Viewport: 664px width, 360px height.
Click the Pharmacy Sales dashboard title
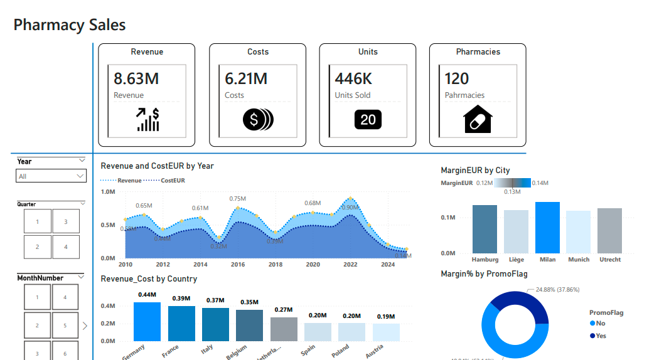pyautogui.click(x=70, y=25)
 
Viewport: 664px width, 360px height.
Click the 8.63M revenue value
pyautogui.click(x=136, y=78)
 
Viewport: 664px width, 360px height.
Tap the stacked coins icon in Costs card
pyautogui.click(x=258, y=119)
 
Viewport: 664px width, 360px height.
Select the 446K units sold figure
pyautogui.click(x=353, y=78)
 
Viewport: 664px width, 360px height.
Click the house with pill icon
pyautogui.click(x=478, y=119)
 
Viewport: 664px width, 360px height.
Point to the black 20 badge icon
pyautogui.click(x=368, y=119)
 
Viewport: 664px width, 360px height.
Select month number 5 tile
pyautogui.click(x=65, y=326)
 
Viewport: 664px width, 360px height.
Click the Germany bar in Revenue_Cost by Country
pyautogui.click(x=147, y=322)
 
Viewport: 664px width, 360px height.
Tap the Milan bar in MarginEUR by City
pyautogui.click(x=547, y=227)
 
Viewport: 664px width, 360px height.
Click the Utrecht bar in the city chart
pyautogui.click(x=609, y=230)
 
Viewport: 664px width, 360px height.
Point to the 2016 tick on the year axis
pyautogui.click(x=238, y=265)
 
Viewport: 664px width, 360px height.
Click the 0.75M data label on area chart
pyautogui.click(x=237, y=198)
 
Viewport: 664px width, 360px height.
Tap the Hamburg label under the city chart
pyautogui.click(x=485, y=259)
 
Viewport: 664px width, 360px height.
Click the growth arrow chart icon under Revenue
pyautogui.click(x=148, y=119)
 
